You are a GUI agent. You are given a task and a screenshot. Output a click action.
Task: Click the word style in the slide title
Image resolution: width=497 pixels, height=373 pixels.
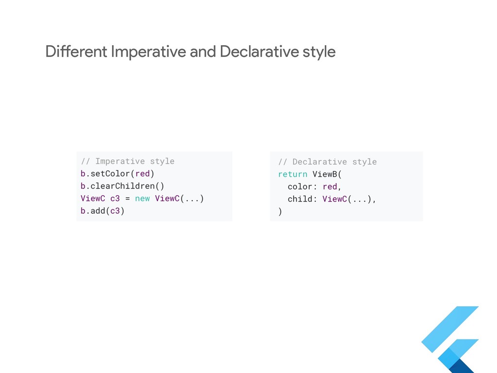[x=317, y=51]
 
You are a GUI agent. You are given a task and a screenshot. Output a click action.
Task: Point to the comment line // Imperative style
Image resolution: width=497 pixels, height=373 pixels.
[x=128, y=161]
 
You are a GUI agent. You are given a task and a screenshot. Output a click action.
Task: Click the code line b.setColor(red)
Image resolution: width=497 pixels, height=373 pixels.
[x=117, y=173]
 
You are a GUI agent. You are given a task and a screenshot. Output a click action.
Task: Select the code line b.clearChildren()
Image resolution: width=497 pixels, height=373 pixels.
[x=122, y=186]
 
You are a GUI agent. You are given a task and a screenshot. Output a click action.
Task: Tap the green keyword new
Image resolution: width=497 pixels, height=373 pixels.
[x=142, y=199]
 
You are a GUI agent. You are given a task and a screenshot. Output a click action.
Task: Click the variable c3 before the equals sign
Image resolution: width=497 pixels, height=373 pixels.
[x=115, y=199]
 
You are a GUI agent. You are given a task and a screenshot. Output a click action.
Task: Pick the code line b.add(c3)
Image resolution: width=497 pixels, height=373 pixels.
[x=102, y=211]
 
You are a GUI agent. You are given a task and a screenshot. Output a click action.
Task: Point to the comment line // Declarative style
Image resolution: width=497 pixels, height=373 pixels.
[x=328, y=162]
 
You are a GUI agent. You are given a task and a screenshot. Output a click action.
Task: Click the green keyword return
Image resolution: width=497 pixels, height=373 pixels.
[x=293, y=174]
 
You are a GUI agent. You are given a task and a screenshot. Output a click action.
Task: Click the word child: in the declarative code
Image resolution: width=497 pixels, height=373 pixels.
[x=303, y=199]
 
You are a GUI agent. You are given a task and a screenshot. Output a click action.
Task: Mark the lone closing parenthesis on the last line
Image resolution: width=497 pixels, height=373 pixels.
[x=280, y=212]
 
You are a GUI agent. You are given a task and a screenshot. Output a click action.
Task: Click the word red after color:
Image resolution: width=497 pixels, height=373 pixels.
[x=330, y=186]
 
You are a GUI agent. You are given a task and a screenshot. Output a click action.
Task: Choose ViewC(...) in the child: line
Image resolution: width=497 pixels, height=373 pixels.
[x=347, y=199]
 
